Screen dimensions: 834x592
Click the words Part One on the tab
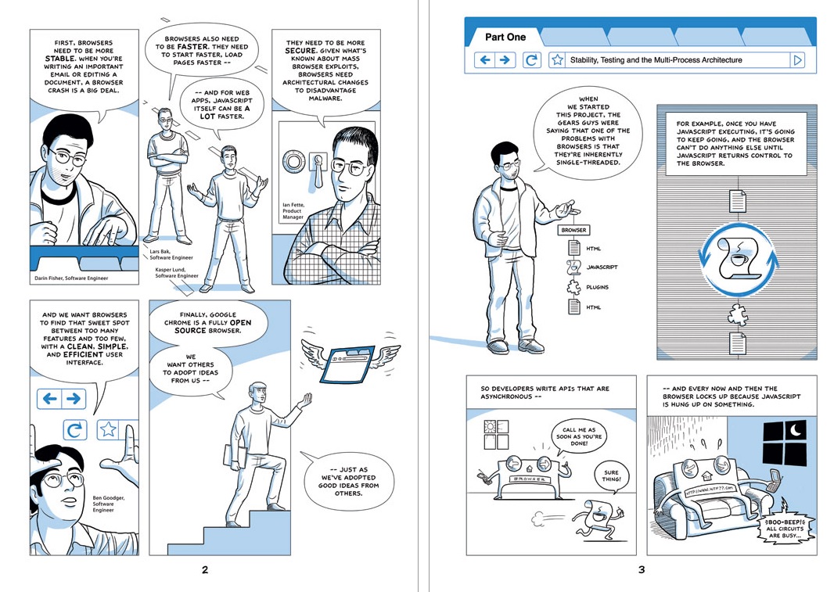click(x=505, y=38)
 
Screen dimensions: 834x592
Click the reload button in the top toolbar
click(x=530, y=60)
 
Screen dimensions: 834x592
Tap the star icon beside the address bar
click(x=557, y=60)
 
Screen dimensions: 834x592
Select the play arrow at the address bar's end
click(x=797, y=60)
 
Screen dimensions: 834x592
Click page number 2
click(x=205, y=569)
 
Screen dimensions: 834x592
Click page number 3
click(x=642, y=569)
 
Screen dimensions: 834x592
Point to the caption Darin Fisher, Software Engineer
click(x=71, y=278)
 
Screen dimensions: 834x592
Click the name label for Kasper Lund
click(x=177, y=273)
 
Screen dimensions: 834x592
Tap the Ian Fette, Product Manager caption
click(x=293, y=211)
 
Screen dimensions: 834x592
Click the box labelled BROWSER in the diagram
click(x=573, y=231)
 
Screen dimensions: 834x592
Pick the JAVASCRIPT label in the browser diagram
click(x=602, y=267)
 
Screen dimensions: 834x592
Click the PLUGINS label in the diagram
click(x=597, y=287)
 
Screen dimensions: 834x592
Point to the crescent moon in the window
click(x=796, y=430)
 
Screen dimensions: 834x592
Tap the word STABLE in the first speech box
click(x=60, y=59)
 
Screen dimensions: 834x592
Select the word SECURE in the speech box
click(x=301, y=51)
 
